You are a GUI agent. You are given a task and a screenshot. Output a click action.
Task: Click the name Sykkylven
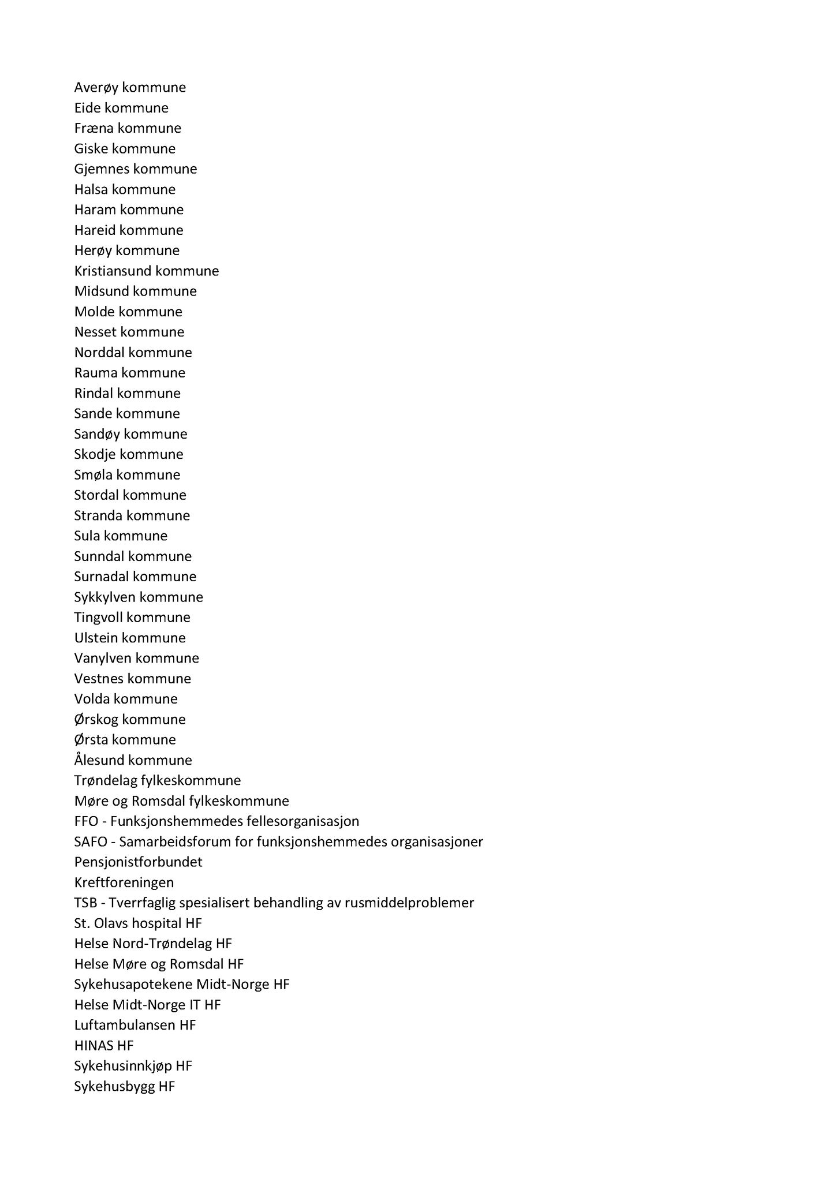click(x=105, y=597)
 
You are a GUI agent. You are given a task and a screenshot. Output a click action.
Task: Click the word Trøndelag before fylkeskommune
click(x=106, y=780)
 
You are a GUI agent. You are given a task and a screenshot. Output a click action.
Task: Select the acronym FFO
click(x=87, y=821)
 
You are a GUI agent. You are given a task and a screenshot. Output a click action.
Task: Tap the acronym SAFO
click(x=91, y=841)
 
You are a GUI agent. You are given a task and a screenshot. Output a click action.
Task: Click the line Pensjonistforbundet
click(x=138, y=862)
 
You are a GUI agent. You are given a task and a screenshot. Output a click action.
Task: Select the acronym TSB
click(x=85, y=903)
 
